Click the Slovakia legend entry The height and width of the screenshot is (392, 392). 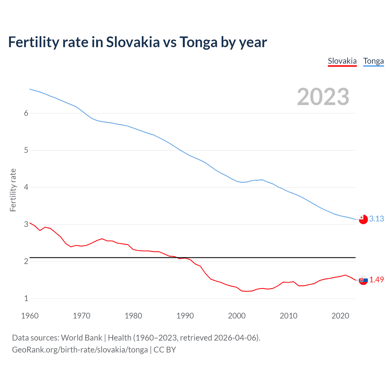[x=342, y=61]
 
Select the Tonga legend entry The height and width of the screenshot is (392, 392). [x=373, y=61]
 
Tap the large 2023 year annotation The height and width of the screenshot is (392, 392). [x=323, y=97]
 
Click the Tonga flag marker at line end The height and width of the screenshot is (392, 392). [x=363, y=219]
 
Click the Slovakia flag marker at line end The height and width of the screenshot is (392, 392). [x=363, y=280]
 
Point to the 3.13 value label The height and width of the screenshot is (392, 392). [x=376, y=219]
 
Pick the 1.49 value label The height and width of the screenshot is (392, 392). [x=376, y=280]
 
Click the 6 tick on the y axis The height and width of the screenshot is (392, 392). [x=26, y=113]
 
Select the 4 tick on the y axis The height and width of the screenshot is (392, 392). [x=26, y=187]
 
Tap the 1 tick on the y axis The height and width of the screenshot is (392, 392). [x=26, y=298]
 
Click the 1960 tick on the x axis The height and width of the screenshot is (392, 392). [x=30, y=316]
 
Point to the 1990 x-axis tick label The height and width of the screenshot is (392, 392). [x=185, y=316]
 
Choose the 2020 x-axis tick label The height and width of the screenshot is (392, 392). [x=340, y=316]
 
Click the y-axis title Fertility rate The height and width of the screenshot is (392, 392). [x=13, y=190]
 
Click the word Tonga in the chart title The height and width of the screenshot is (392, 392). [x=198, y=42]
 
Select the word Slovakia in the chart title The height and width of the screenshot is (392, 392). [x=133, y=42]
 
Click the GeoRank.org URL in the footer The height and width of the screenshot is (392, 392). [x=80, y=350]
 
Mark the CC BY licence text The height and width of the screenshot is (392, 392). [x=165, y=350]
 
